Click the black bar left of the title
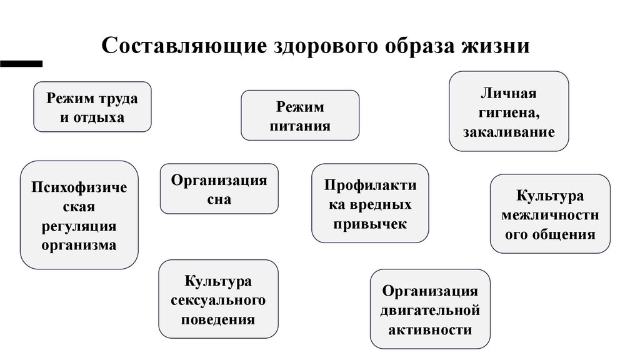pos(21,63)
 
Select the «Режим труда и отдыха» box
pos(92,107)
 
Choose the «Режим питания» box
pos(300,115)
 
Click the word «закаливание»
pos(509,132)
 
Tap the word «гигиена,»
pos(509,112)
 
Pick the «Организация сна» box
pos(219,189)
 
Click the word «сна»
pos(219,200)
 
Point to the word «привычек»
pos(371,224)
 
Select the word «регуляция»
pos(79,226)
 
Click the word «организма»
pos(79,244)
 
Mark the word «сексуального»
pos(218,301)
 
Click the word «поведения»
pos(218,319)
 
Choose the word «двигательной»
pos(430,310)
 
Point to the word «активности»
pos(430,329)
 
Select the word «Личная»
pos(509,94)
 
